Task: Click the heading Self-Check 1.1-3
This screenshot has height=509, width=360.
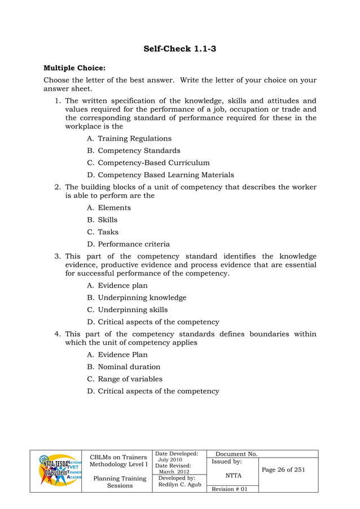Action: coord(180,49)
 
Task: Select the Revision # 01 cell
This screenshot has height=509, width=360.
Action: coord(229,489)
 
